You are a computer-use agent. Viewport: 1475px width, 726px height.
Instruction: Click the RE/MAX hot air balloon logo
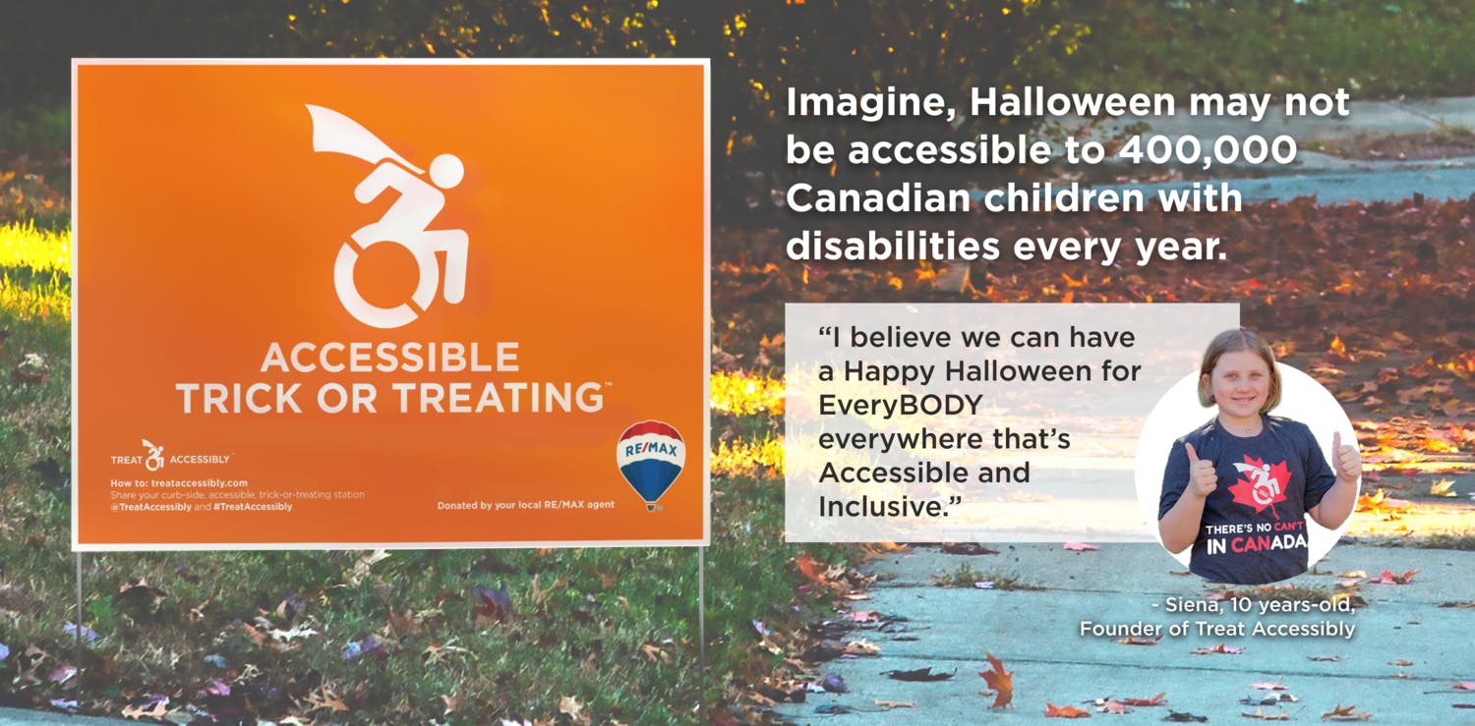pos(650,463)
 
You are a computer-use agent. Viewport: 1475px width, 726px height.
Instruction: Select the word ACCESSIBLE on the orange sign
pos(389,357)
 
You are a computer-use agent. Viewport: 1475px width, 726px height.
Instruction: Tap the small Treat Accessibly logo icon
pos(153,455)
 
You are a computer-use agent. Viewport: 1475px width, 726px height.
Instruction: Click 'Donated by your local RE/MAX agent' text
pos(526,505)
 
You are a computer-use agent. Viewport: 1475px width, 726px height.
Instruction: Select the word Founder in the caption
pos(1122,629)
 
